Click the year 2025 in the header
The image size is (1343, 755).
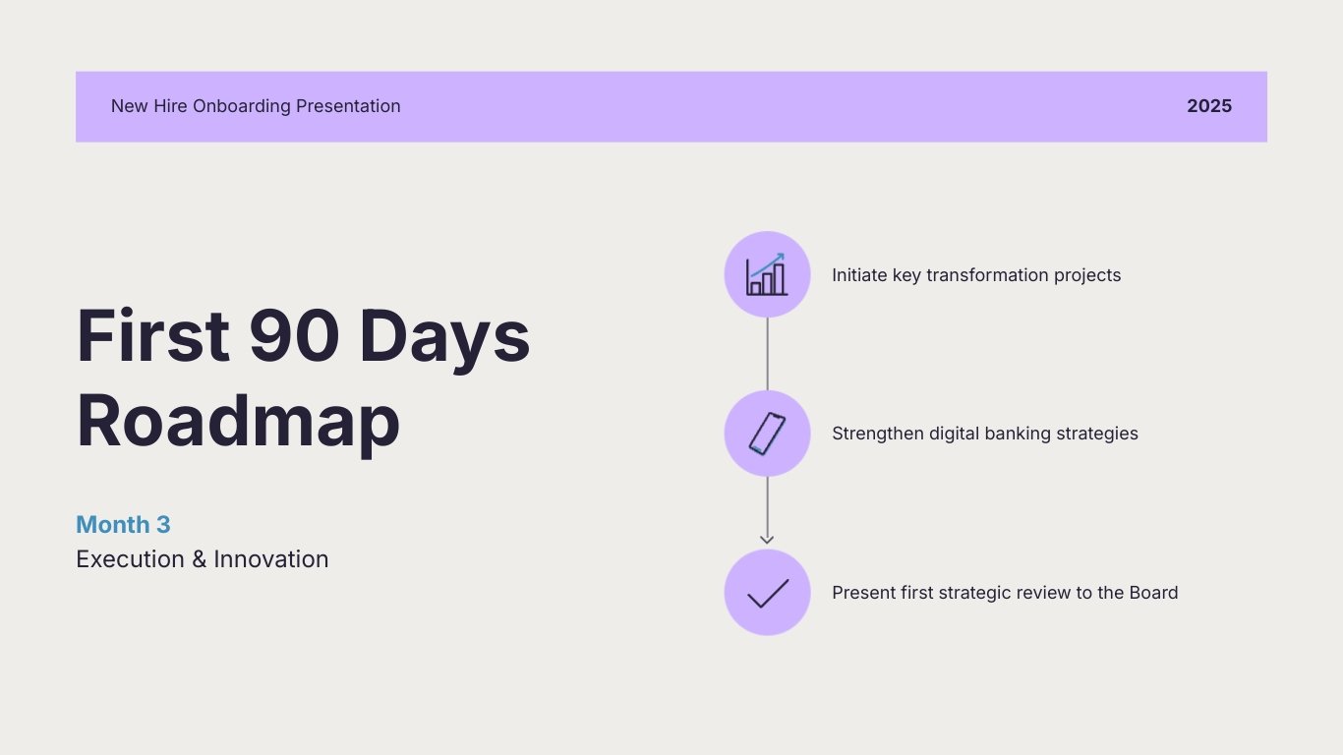pos(1208,106)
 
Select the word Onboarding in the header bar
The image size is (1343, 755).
pos(239,106)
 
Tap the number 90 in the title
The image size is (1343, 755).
pos(294,335)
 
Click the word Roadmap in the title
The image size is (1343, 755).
pos(238,422)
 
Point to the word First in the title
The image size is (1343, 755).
pos(152,335)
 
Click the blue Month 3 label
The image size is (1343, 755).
pos(123,525)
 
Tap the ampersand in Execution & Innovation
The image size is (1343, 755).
pos(199,559)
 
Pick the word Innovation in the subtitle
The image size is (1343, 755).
pos(271,559)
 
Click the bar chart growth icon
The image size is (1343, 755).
pos(767,274)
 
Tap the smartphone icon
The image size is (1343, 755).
pos(767,434)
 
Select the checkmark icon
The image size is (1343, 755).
pos(767,593)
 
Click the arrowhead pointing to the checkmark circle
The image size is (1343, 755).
pos(767,539)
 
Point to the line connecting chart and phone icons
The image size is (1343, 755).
pos(767,354)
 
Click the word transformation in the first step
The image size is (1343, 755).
pos(987,275)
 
